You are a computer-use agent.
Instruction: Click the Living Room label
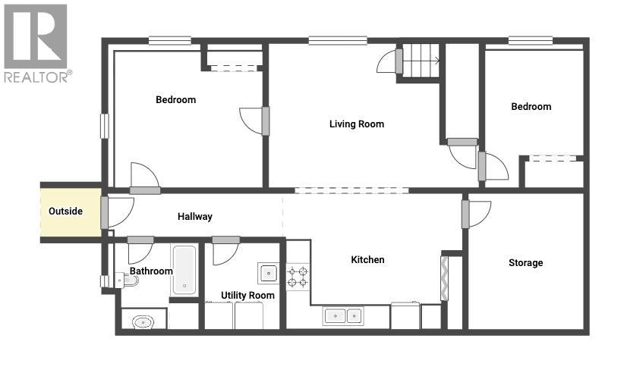tap(356, 124)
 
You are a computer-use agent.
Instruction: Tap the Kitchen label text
tap(367, 260)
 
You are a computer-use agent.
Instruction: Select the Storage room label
tap(525, 263)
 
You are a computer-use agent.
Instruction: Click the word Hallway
tap(195, 217)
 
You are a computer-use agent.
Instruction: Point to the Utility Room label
tap(247, 295)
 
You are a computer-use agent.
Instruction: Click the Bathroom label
tap(151, 271)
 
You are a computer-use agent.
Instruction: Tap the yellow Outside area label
tap(65, 212)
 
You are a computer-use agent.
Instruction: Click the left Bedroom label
tap(175, 100)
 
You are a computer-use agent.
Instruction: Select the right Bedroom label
tap(531, 107)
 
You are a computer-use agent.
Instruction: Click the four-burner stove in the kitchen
tap(298, 276)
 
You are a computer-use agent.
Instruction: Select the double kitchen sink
tap(343, 315)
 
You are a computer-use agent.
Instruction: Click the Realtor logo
tap(36, 42)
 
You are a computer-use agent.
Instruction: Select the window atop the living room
tap(338, 40)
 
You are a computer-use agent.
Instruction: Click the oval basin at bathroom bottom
tap(143, 322)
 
